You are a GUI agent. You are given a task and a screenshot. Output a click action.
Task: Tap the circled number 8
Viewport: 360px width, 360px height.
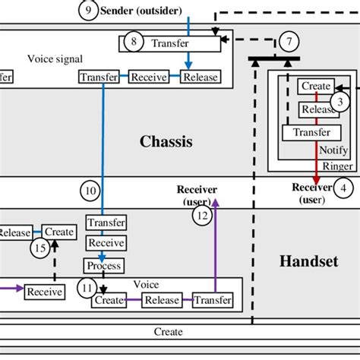pos(134,42)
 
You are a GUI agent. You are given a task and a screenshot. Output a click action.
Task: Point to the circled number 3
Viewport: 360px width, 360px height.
pos(340,101)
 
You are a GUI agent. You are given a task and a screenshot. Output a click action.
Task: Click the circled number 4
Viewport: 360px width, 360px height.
pos(345,188)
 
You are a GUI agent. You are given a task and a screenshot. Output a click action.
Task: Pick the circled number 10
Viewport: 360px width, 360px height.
pos(90,191)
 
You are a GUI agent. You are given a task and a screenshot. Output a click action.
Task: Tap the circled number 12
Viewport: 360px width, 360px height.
pos(201,216)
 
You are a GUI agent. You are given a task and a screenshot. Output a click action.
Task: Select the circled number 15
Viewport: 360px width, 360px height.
pos(39,247)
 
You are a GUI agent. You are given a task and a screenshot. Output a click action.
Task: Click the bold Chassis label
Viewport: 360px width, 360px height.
pos(166,141)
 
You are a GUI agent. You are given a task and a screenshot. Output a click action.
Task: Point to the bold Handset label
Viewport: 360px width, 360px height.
pos(308,261)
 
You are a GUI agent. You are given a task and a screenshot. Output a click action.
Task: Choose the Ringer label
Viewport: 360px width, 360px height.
pos(337,166)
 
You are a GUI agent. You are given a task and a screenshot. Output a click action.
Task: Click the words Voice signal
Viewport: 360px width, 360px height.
pos(55,58)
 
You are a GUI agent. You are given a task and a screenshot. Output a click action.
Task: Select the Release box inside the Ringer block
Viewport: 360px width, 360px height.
pos(316,109)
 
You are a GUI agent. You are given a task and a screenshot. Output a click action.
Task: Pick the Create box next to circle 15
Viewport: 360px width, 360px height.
pos(59,232)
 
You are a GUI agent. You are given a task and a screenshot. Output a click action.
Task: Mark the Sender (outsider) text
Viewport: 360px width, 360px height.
pos(136,11)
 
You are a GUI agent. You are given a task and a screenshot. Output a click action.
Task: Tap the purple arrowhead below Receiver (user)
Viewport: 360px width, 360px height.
pos(216,202)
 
